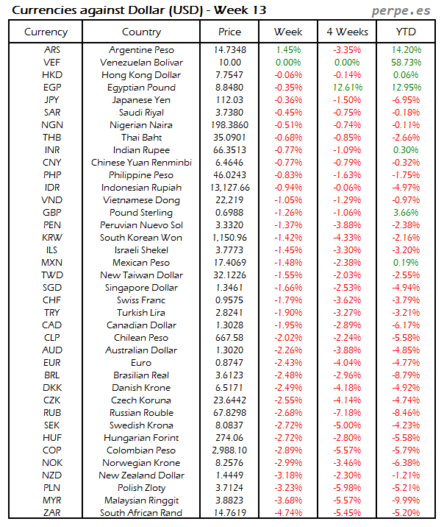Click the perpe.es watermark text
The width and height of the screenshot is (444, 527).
[x=403, y=10]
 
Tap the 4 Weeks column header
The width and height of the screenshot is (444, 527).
[x=347, y=32]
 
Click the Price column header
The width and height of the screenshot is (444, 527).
[x=229, y=32]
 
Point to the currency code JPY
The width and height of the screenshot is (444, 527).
[x=51, y=100]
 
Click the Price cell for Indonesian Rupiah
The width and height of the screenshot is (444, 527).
[x=229, y=188]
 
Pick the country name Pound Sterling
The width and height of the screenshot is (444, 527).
[x=142, y=213]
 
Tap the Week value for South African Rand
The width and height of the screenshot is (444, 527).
[x=288, y=513]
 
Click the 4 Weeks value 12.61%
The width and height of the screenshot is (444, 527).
[x=347, y=88]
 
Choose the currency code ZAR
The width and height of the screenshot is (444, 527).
[x=51, y=513]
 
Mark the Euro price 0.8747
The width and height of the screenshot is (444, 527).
[x=229, y=363]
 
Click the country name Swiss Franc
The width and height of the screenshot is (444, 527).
[x=142, y=300]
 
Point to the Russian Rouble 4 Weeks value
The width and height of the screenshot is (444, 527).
[x=347, y=413]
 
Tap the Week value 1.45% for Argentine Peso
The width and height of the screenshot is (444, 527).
[x=288, y=50]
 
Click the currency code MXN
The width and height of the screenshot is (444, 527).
[x=51, y=263]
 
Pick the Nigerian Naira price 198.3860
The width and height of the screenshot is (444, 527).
[x=229, y=125]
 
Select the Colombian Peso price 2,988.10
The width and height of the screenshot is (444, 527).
[x=229, y=450]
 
